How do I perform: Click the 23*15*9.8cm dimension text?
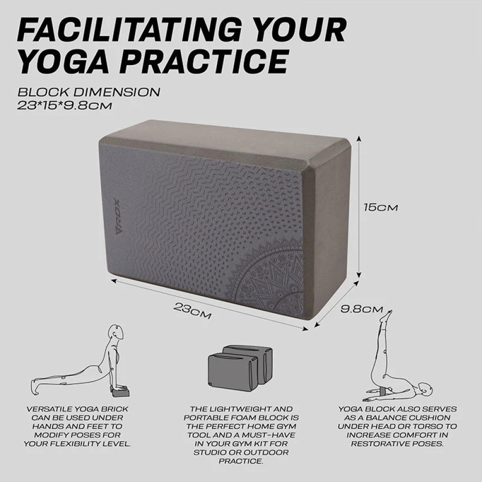coord(65,104)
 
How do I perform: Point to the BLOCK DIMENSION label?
coord(89,92)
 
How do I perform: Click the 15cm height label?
coord(380,208)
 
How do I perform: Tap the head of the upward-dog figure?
coord(115,333)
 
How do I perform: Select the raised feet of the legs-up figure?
coord(386,316)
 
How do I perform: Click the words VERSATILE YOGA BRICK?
coord(78,409)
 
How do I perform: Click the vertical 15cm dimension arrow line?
coord(359,207)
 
